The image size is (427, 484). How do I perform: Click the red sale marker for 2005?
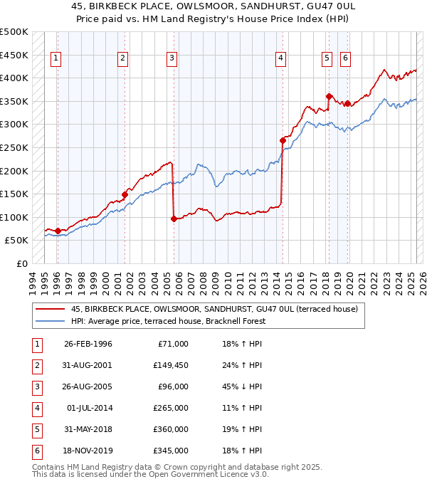coord(174,219)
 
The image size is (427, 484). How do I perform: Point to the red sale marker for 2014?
coord(283,141)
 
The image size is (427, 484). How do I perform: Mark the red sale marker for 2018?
coord(329,97)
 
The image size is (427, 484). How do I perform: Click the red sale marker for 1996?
coord(58,231)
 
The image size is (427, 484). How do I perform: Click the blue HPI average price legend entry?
coord(167,321)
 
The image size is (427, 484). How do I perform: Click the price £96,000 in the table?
coord(172,387)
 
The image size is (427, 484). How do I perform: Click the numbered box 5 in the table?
coord(36,429)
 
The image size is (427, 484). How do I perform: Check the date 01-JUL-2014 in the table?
coord(88,408)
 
